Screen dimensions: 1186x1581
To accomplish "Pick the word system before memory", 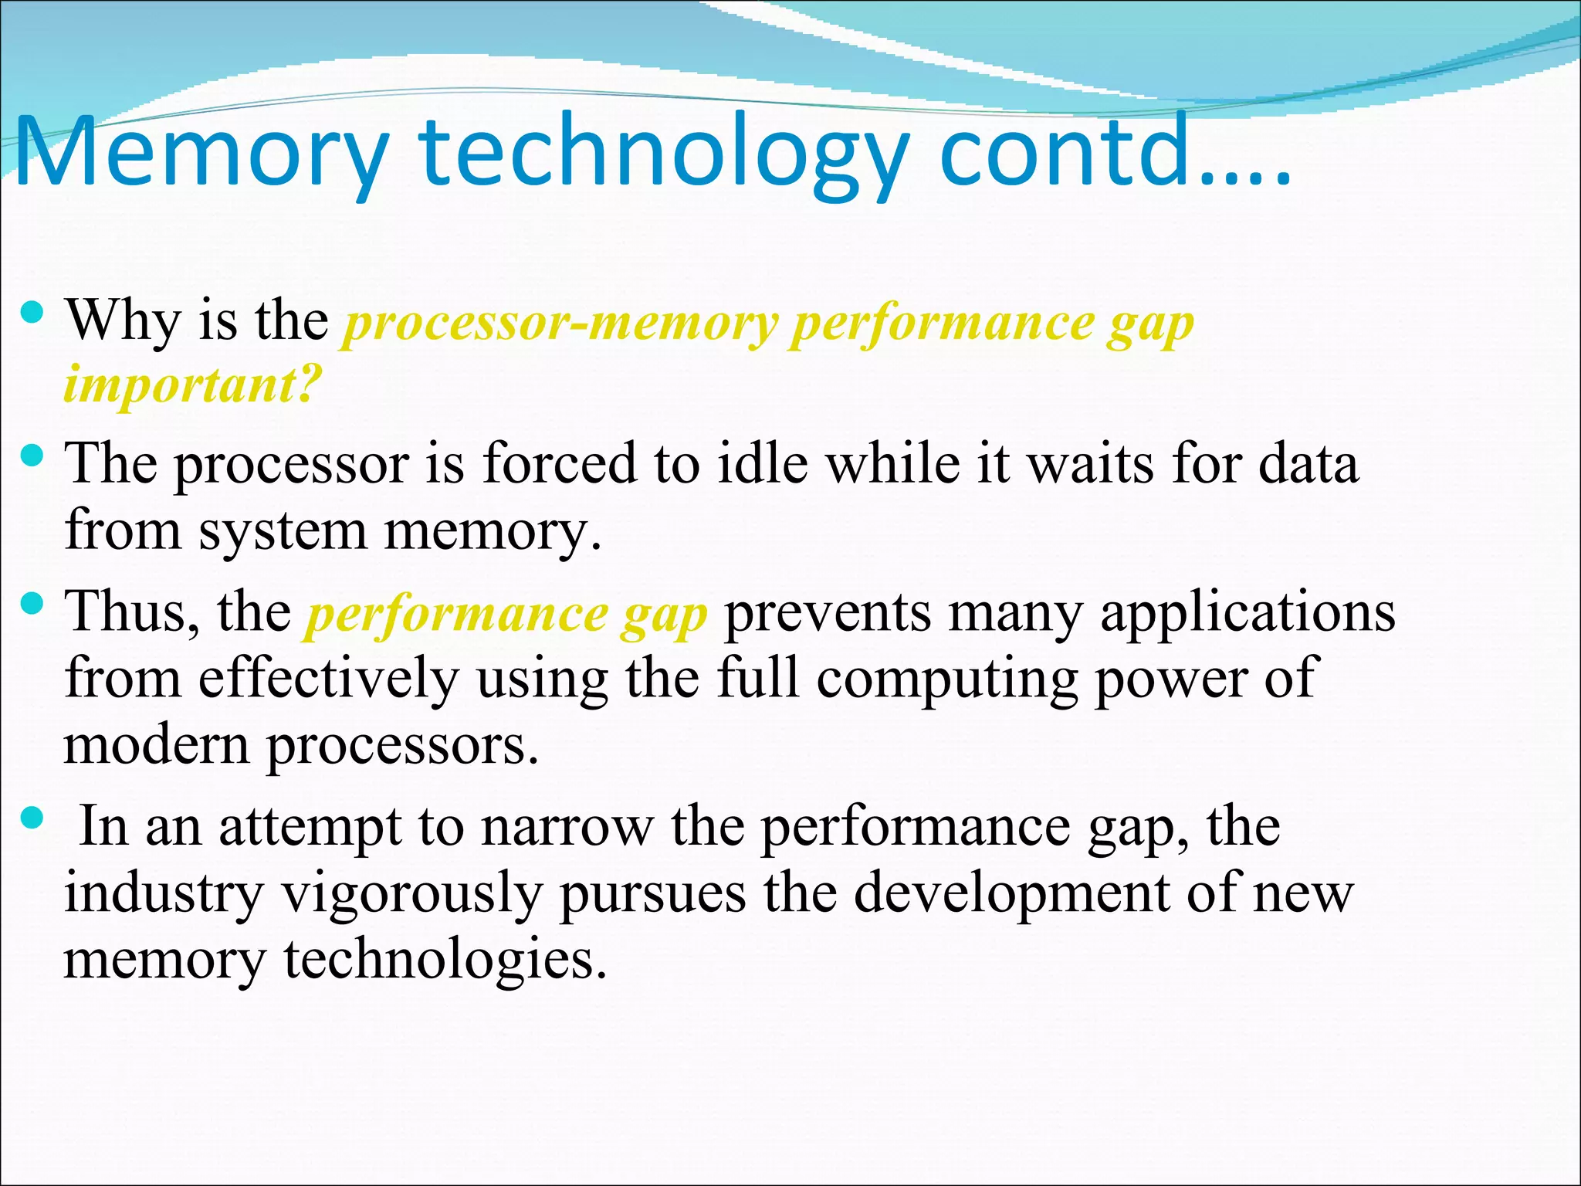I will coord(283,532).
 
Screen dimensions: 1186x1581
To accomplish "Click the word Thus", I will coord(131,612).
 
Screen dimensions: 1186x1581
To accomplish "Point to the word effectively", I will coord(329,678).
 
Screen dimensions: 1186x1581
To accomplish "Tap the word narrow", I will coord(567,828).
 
